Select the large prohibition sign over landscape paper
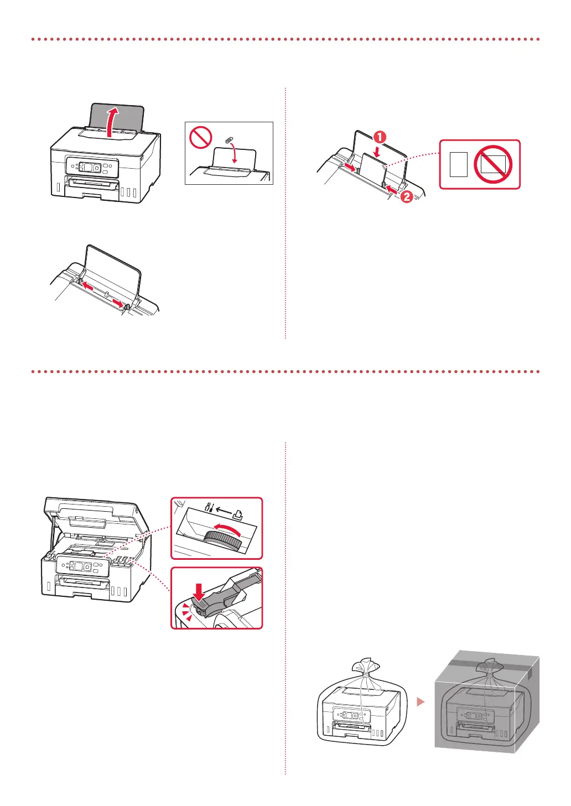(x=493, y=164)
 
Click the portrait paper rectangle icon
(x=459, y=165)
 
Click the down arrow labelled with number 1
(x=377, y=149)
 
